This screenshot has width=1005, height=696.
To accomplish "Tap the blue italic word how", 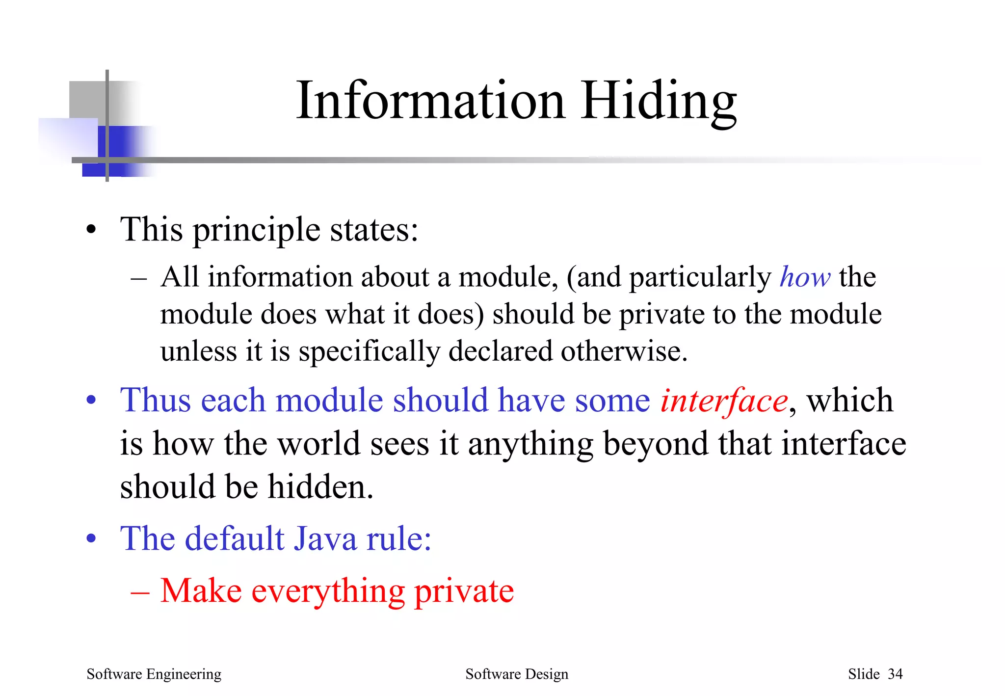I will (805, 277).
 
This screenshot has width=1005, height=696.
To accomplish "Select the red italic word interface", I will (724, 401).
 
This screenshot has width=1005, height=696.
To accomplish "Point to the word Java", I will (325, 539).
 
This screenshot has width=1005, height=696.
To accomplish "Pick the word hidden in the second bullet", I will (320, 487).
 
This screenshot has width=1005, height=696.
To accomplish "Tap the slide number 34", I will (895, 674).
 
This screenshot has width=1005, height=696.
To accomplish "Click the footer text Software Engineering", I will (154, 674).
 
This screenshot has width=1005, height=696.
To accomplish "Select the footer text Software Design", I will (517, 674).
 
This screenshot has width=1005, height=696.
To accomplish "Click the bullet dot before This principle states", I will (91, 230).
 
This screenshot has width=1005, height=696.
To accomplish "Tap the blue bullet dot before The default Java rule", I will (91, 539).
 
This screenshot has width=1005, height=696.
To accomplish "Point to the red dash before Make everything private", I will (140, 592).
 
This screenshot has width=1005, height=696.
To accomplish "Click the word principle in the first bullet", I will (257, 230).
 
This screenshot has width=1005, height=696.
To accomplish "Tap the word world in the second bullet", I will (319, 444).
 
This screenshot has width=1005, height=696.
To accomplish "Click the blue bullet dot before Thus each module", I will (91, 401).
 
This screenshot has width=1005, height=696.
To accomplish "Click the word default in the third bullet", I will (236, 539).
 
